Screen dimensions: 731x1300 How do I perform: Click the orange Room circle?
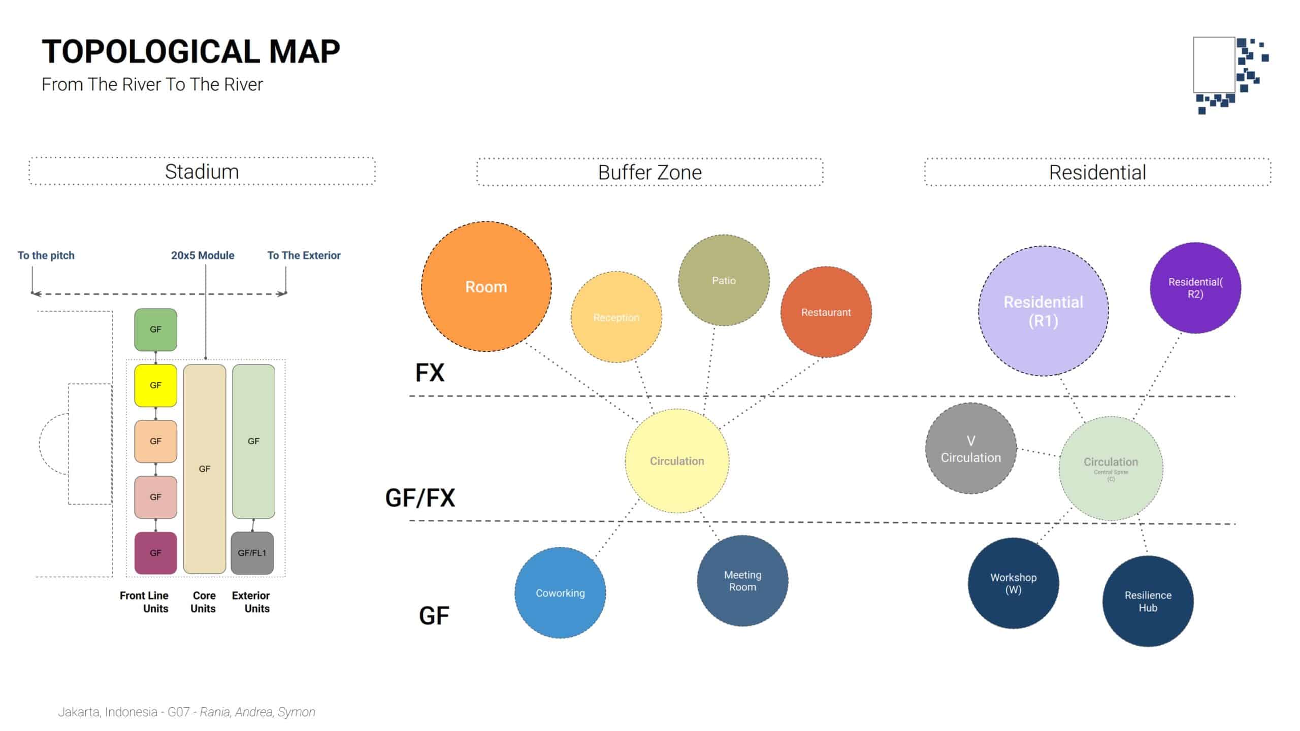(x=486, y=286)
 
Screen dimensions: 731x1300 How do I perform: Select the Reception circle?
(x=616, y=317)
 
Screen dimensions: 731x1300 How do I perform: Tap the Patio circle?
(x=724, y=280)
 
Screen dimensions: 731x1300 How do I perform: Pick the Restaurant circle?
(x=826, y=312)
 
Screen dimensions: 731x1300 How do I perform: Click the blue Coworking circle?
(x=560, y=592)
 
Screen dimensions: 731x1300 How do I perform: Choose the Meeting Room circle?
(x=742, y=581)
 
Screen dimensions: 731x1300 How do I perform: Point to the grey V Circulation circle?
(x=970, y=449)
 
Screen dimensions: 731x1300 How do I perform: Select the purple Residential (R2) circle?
(x=1195, y=288)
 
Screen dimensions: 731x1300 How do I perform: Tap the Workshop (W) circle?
(x=1013, y=583)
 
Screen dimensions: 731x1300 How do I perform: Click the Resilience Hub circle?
(x=1148, y=601)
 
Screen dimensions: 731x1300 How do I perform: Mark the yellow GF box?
(x=155, y=385)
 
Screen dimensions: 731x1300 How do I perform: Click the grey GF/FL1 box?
(x=252, y=553)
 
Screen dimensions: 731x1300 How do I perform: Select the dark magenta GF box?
(x=155, y=553)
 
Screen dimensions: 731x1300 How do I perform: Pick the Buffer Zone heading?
(x=649, y=173)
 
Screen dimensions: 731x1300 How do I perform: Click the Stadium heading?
(x=202, y=172)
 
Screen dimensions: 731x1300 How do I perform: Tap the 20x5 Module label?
(x=203, y=255)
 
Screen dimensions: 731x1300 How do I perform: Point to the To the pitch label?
(x=46, y=255)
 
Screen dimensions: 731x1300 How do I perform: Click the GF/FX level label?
(x=420, y=498)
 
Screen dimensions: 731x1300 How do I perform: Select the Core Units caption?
(x=204, y=602)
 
